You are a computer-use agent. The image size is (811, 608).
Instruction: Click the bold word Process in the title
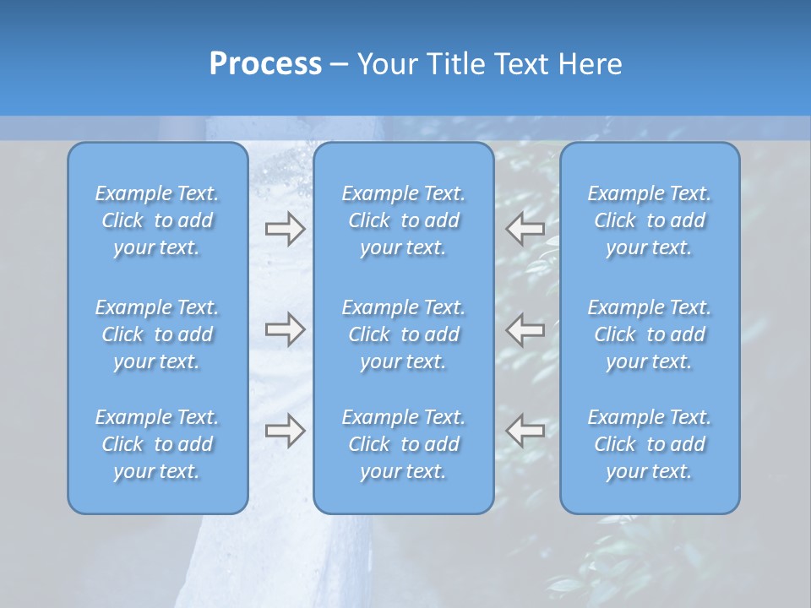(265, 64)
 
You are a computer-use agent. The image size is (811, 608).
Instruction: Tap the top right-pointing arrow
(285, 228)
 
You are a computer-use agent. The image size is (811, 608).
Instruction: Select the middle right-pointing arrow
(285, 328)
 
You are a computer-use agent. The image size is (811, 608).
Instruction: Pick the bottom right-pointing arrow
(285, 431)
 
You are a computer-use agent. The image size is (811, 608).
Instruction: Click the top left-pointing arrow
(525, 228)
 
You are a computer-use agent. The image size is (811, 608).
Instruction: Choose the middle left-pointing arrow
(525, 328)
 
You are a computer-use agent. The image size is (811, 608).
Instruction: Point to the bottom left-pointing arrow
(525, 431)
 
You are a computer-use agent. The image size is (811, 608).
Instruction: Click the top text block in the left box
(157, 220)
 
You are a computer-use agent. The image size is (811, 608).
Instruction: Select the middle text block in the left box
(157, 334)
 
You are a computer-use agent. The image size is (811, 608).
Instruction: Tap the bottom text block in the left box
(157, 444)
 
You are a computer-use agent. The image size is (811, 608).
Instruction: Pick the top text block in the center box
(403, 220)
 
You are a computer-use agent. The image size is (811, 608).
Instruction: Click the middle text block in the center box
(403, 334)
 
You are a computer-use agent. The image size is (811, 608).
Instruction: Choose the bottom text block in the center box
(403, 444)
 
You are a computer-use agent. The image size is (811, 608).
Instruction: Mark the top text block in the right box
(649, 220)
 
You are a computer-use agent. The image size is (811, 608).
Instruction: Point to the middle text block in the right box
(649, 334)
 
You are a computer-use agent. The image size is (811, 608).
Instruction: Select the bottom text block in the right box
(649, 444)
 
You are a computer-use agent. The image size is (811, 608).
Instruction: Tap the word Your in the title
(384, 64)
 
